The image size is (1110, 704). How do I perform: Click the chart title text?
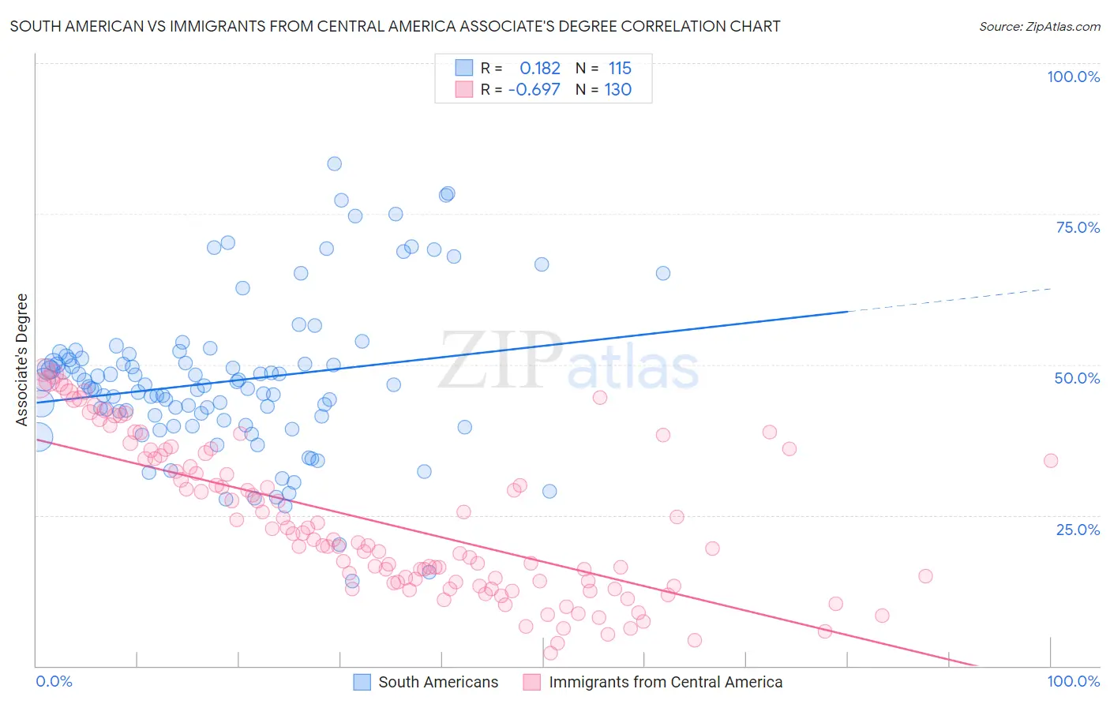[x=395, y=26]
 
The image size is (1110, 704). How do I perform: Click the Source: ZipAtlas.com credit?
[x=1039, y=26]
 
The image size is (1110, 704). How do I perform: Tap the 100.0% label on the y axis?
[x=1073, y=77]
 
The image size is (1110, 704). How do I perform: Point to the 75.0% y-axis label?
[x=1077, y=227]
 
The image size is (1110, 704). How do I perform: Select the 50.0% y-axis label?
[x=1077, y=378]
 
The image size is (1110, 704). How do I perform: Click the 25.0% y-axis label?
[x=1077, y=530]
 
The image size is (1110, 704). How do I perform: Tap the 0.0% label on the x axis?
[x=54, y=681]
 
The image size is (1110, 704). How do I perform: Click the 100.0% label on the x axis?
[x=1073, y=681]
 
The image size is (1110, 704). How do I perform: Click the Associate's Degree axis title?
[x=22, y=359]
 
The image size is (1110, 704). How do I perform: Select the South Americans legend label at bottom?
[x=438, y=682]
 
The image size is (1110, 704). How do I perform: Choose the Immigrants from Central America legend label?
[x=666, y=682]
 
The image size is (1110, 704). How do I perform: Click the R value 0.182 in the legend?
[x=539, y=69]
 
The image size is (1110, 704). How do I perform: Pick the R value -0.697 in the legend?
[x=534, y=89]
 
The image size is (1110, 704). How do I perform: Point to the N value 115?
[x=620, y=69]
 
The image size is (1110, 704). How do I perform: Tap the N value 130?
[x=617, y=89]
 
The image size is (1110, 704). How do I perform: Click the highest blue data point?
[x=334, y=163]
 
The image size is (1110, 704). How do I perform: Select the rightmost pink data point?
[x=1050, y=461]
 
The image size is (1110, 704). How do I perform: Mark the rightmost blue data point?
[x=663, y=273]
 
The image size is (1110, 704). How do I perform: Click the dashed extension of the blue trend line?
[x=947, y=300]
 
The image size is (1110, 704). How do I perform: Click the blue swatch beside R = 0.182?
[x=463, y=68]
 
